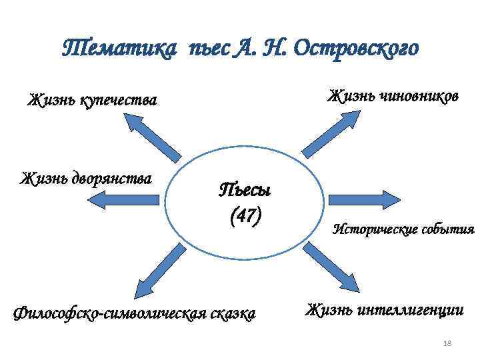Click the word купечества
coord(119,101)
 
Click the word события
coord(450,230)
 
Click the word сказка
coord(232,313)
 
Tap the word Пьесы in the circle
coord(245,191)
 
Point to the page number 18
coord(447,343)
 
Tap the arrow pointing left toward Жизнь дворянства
coord(129,201)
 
